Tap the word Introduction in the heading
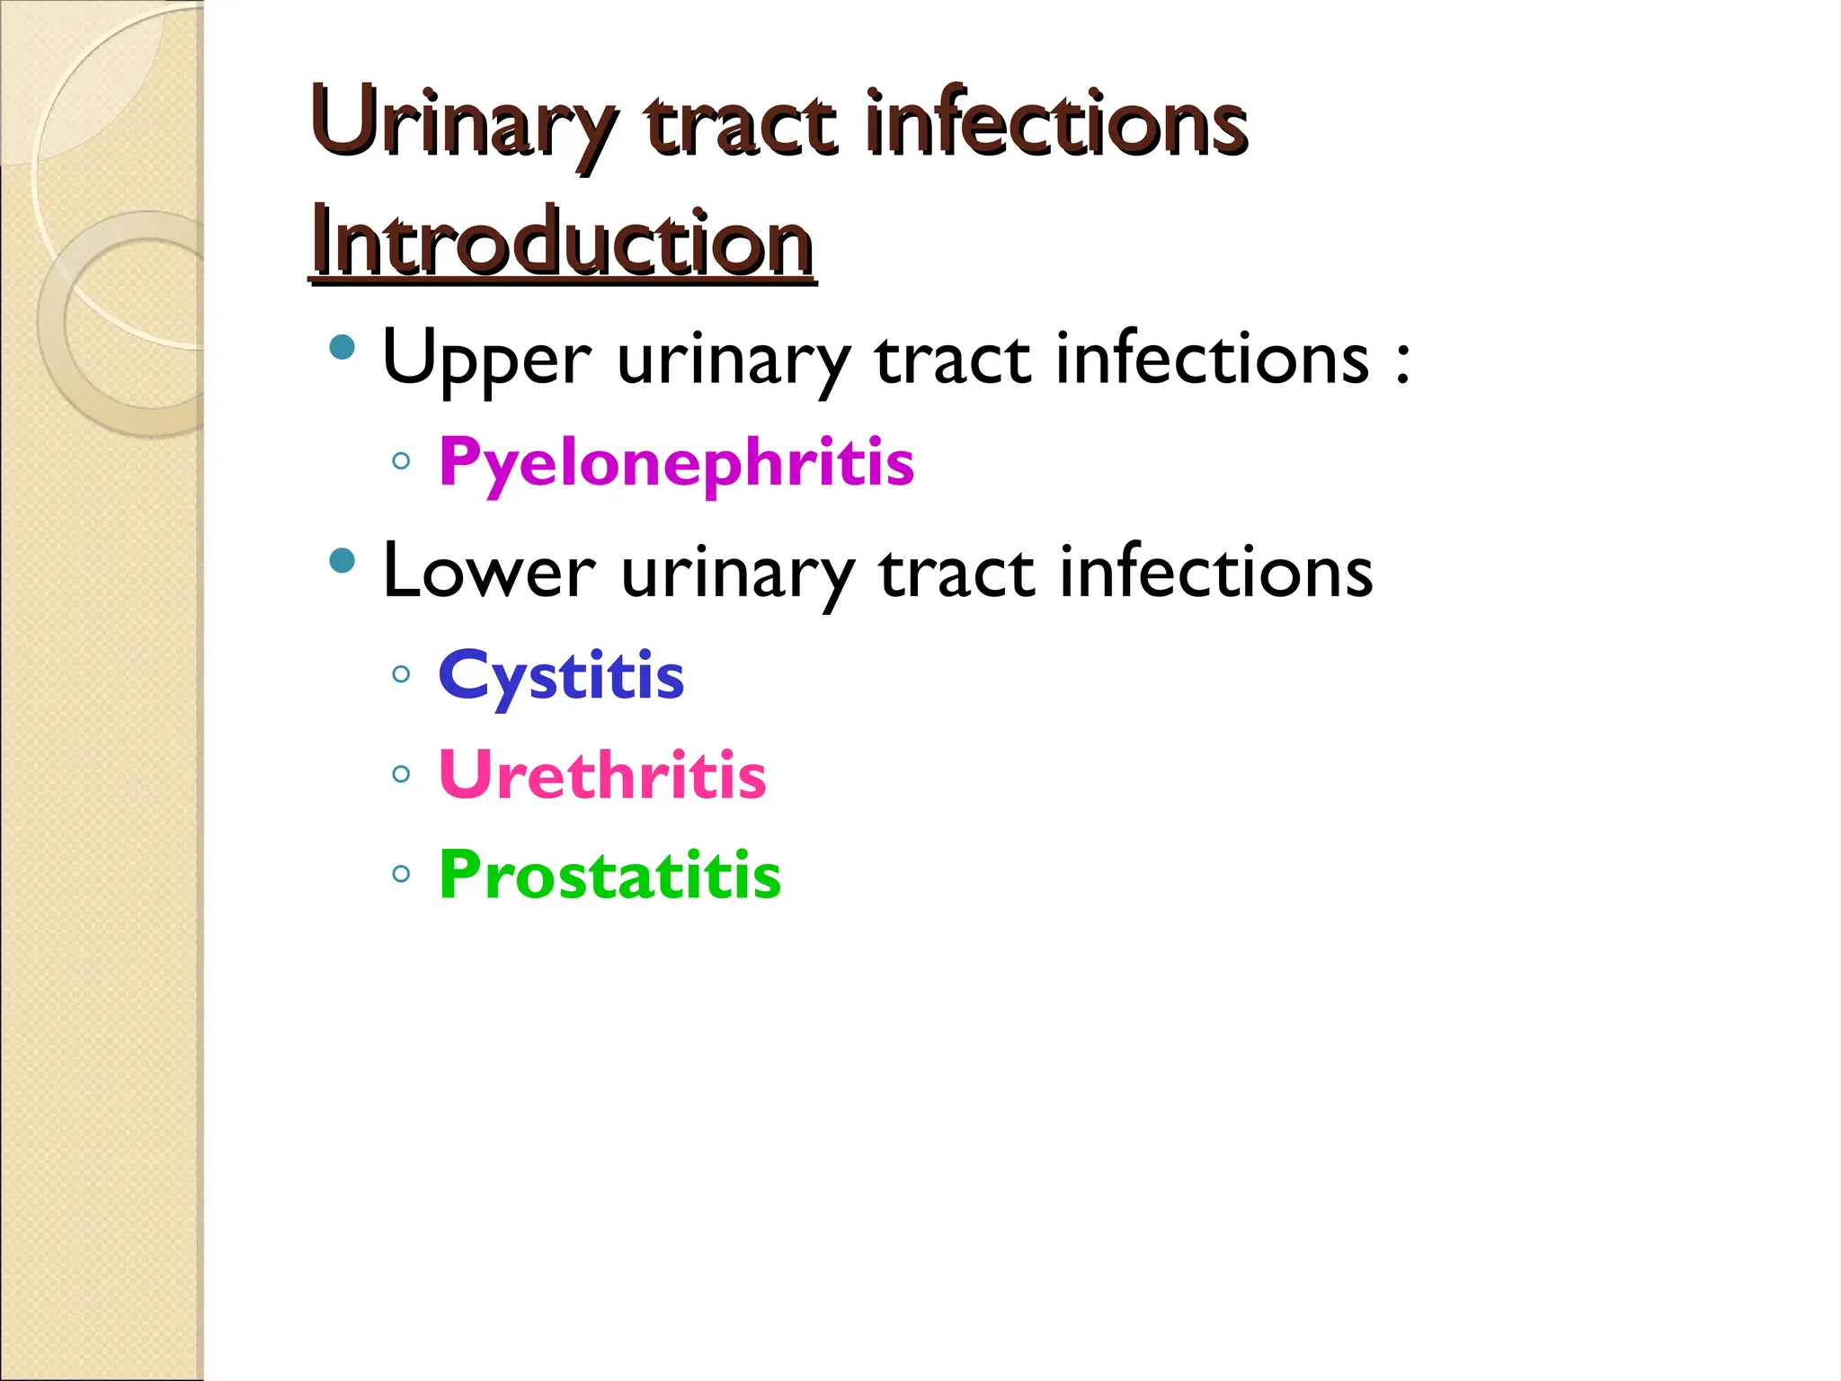(x=562, y=243)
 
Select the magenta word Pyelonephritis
(x=676, y=462)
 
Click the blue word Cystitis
(x=561, y=676)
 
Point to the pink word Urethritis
(x=602, y=775)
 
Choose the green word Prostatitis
(x=609, y=875)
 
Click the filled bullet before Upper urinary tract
(x=342, y=347)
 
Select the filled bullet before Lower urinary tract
(x=342, y=561)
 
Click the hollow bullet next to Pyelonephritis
(x=402, y=462)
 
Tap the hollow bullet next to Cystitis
(x=402, y=673)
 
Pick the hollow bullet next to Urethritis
(x=402, y=773)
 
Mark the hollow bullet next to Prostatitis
(x=402, y=873)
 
